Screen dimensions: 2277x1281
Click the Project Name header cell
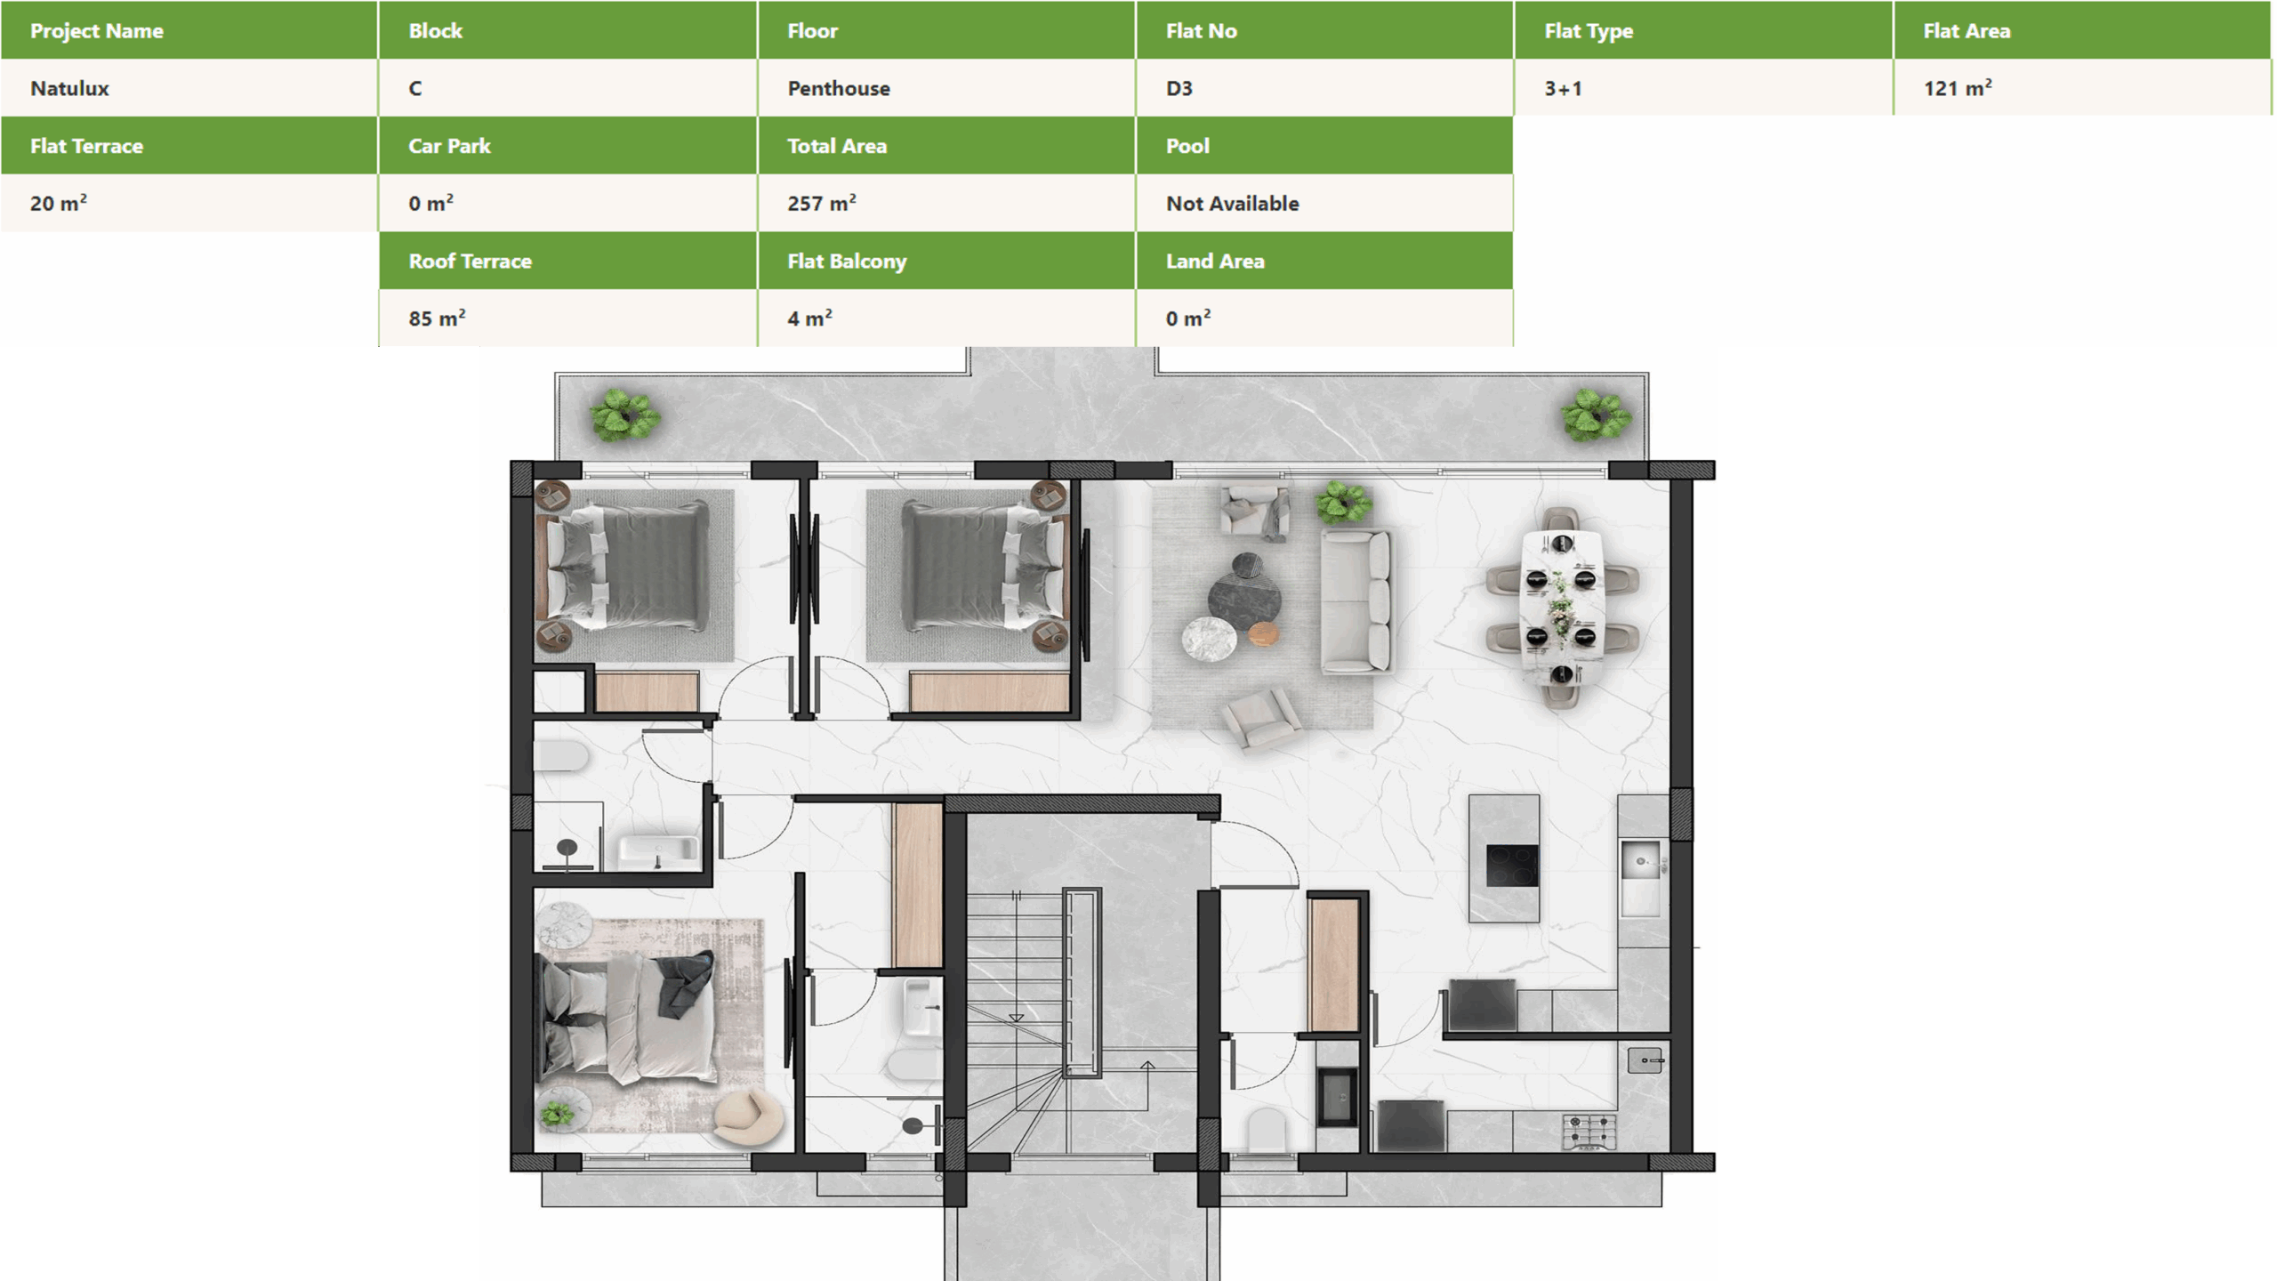[x=189, y=30]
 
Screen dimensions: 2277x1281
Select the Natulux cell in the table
[x=189, y=88]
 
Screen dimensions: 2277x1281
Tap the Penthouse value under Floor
[x=946, y=88]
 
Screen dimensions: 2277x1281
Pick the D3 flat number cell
[x=1324, y=88]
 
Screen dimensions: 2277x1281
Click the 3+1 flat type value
[x=1703, y=88]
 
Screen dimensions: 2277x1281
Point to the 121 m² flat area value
[x=2082, y=88]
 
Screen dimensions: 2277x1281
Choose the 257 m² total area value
[x=946, y=203]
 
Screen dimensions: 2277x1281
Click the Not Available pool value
[x=1324, y=203]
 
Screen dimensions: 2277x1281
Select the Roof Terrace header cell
[x=567, y=261]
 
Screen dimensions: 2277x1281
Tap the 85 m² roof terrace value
[x=567, y=318]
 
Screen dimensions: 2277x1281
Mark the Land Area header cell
[x=1324, y=261]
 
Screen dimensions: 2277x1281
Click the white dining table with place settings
[x=1562, y=606]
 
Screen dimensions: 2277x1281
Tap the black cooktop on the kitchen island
[x=1512, y=866]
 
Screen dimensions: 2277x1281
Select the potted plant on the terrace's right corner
[x=1596, y=415]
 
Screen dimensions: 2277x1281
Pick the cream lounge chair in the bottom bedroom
[x=749, y=1117]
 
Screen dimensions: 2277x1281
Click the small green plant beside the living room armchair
[x=1343, y=503]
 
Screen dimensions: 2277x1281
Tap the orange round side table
[x=1263, y=634]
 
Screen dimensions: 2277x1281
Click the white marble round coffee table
[x=1209, y=639]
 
